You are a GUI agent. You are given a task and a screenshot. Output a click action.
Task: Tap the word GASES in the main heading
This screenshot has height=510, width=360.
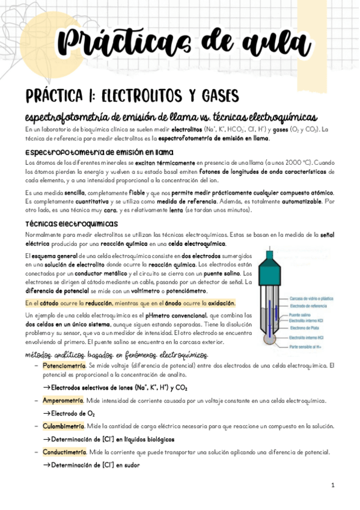point(207,96)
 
